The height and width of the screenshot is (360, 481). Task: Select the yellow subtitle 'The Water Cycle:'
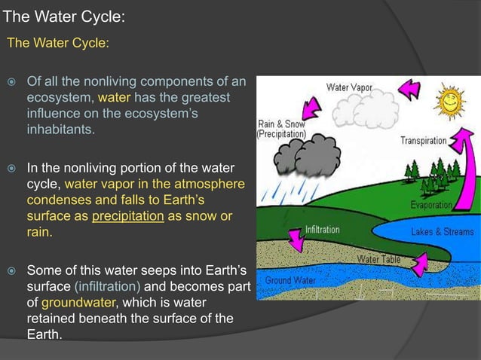pos(58,43)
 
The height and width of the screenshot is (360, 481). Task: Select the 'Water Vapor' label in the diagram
pos(349,87)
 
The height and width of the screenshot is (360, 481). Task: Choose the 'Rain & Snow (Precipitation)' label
pos(282,129)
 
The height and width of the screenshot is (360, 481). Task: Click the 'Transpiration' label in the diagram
pos(423,141)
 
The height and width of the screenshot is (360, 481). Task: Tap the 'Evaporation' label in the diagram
pos(431,205)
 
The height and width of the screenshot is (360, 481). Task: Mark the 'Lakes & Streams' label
pos(442,232)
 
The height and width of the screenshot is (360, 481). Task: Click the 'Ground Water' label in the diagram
pos(289,280)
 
